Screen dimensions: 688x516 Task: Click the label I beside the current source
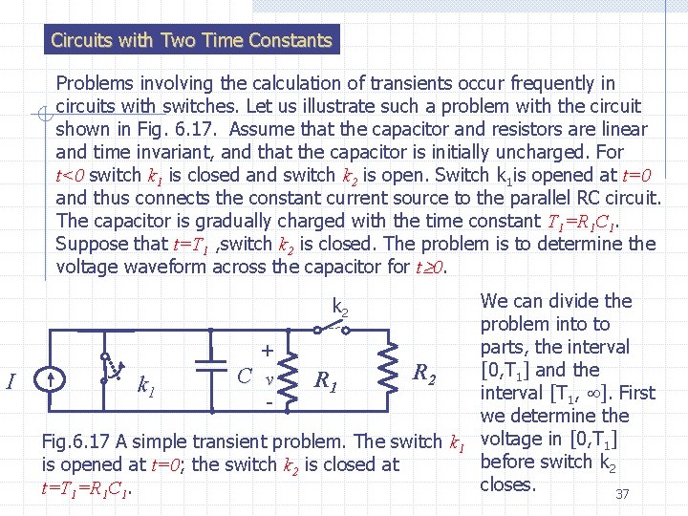(11, 382)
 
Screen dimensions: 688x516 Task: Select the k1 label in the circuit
(146, 386)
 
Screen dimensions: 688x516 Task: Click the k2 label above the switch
(339, 307)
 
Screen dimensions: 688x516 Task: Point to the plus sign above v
(268, 351)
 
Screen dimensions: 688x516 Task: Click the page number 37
(622, 494)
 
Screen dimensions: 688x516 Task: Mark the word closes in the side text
(508, 484)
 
